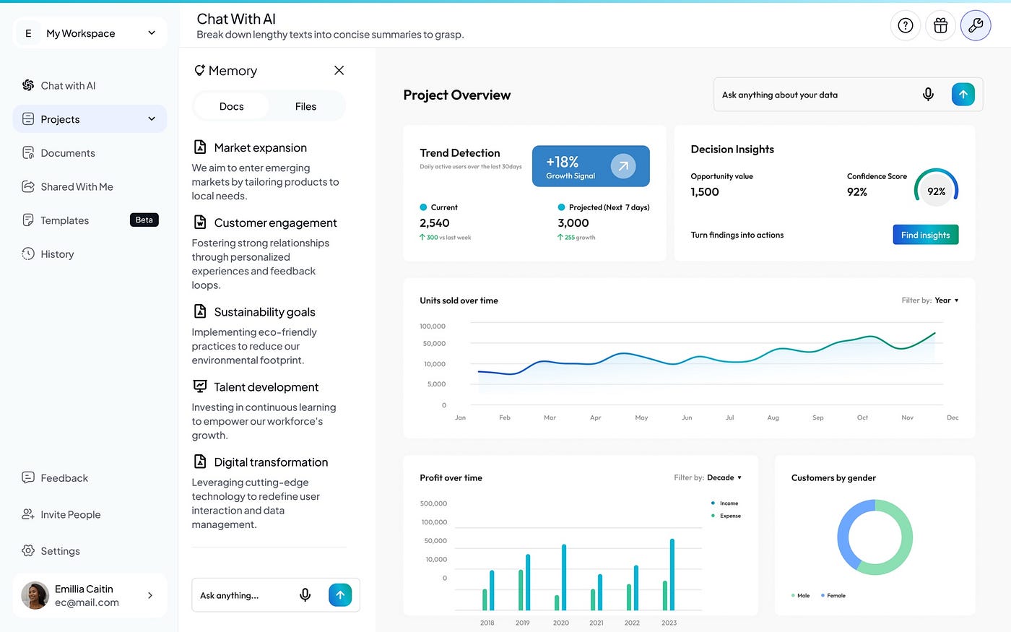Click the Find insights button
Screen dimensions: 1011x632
point(925,235)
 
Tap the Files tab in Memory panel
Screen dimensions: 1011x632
point(305,107)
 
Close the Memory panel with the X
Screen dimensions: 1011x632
point(339,71)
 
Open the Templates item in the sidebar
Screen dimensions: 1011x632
point(64,220)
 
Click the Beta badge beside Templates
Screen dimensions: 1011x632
point(144,220)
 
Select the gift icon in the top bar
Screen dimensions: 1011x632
point(940,25)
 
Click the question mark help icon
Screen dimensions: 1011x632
point(906,25)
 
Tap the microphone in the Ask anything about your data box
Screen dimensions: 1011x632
point(928,95)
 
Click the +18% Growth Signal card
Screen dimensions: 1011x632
point(591,166)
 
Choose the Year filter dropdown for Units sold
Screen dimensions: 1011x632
point(947,300)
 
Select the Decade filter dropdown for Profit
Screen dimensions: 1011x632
point(724,477)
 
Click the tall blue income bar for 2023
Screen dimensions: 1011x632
point(672,574)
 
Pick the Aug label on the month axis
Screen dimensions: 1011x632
point(773,417)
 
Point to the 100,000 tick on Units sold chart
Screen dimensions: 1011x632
point(433,326)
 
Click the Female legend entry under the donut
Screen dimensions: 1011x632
point(833,595)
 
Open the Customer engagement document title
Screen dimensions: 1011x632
point(275,222)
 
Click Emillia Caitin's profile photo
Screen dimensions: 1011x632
point(35,595)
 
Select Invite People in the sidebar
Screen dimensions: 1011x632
point(61,514)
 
